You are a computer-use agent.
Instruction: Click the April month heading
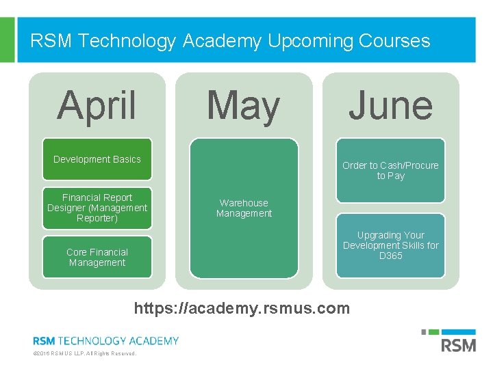(97, 106)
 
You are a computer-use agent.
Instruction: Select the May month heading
(243, 107)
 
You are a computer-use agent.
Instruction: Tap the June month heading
(390, 107)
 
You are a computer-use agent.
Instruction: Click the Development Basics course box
(97, 159)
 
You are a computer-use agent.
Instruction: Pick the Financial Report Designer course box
(97, 208)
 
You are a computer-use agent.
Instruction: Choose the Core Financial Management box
(97, 257)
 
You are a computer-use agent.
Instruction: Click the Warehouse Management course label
(244, 208)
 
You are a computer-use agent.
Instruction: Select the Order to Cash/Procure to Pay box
(390, 171)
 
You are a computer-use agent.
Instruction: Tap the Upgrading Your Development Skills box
(390, 245)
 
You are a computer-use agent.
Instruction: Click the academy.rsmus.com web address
(242, 308)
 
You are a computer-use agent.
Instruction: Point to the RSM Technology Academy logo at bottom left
(105, 340)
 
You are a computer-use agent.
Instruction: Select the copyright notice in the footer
(84, 354)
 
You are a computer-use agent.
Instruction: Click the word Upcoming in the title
(302, 41)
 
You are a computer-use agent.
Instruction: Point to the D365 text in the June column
(390, 256)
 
